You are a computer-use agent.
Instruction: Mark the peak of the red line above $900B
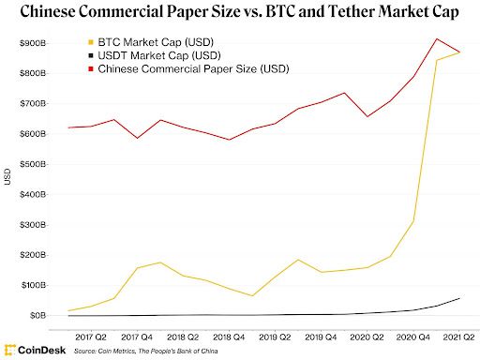point(438,38)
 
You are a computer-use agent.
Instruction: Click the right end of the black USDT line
point(459,298)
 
